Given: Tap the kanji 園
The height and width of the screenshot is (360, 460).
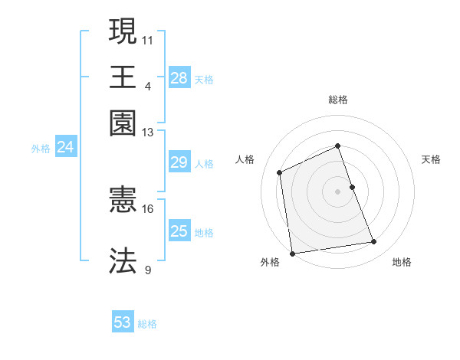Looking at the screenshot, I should pyautogui.click(x=123, y=123).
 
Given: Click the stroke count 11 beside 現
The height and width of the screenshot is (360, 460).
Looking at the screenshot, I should pyautogui.click(x=148, y=38).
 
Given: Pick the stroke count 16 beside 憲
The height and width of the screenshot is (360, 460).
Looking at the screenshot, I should pyautogui.click(x=148, y=208).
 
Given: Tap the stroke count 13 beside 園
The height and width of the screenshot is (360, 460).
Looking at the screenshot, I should pyautogui.click(x=148, y=132).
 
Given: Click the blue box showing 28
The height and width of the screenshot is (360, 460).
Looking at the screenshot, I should pyautogui.click(x=179, y=78).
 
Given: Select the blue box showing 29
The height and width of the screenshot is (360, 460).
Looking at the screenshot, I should pyautogui.click(x=179, y=162).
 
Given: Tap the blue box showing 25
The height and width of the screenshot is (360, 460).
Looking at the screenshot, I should pyautogui.click(x=179, y=231).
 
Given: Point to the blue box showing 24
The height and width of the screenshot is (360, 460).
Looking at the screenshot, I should pyautogui.click(x=65, y=148).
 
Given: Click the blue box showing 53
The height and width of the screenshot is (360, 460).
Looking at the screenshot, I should pyautogui.click(x=123, y=322).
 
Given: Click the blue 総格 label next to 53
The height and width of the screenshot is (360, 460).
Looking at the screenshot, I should pyautogui.click(x=147, y=324).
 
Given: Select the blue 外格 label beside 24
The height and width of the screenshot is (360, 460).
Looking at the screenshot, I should pyautogui.click(x=40, y=149).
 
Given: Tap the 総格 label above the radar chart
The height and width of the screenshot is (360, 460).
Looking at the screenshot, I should pyautogui.click(x=337, y=100).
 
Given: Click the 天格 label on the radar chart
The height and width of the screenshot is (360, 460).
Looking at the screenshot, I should pyautogui.click(x=431, y=159).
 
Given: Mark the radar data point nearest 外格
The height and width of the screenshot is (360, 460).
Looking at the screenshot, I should pyautogui.click(x=292, y=253).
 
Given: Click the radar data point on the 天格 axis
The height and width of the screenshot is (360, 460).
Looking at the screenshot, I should pyautogui.click(x=352, y=186).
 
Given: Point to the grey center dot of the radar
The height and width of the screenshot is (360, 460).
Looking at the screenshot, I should pyautogui.click(x=337, y=191).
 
